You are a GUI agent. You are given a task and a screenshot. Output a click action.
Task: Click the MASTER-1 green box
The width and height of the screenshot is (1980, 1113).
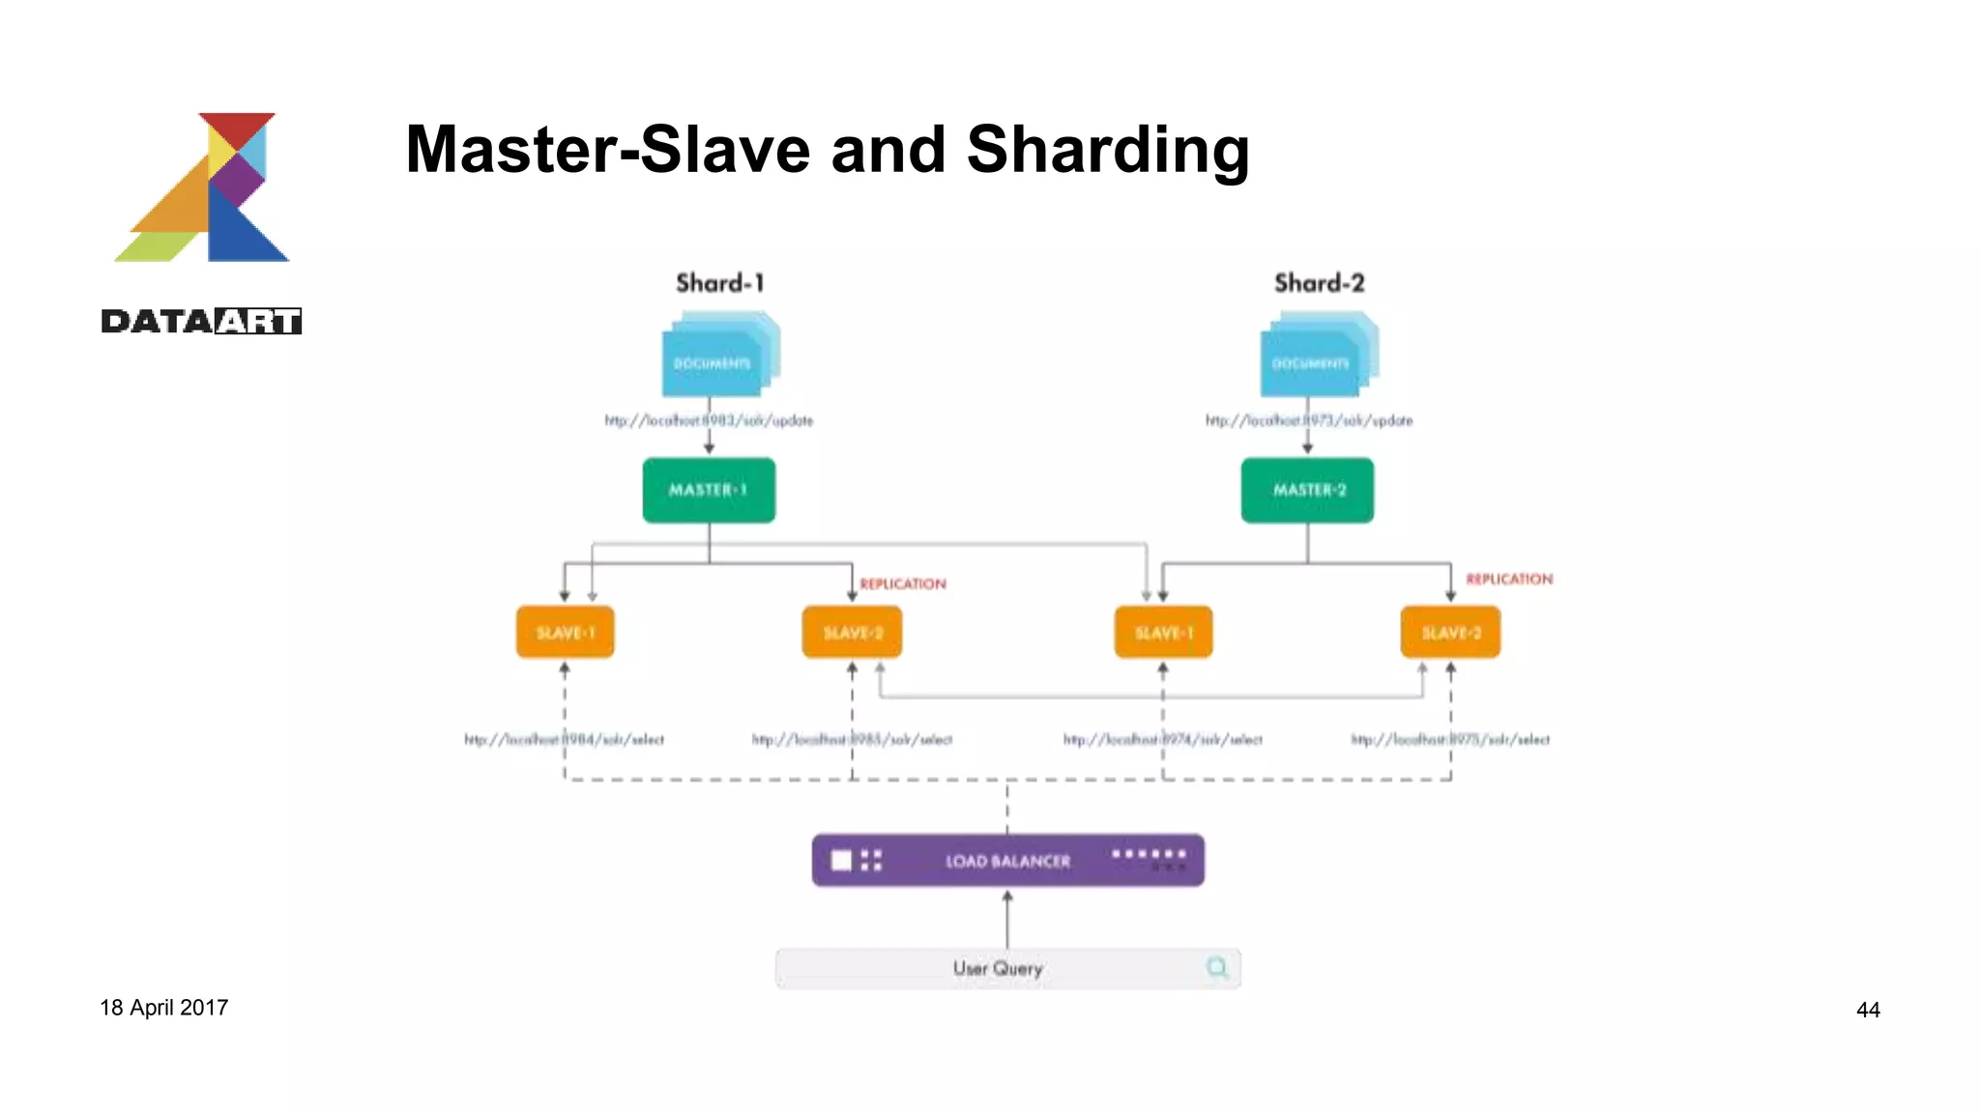pyautogui.click(x=709, y=490)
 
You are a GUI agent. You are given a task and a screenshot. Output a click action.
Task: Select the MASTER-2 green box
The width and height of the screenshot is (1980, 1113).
pyautogui.click(x=1307, y=490)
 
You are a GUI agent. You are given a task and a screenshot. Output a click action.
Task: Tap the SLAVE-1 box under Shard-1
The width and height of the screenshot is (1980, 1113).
pyautogui.click(x=565, y=633)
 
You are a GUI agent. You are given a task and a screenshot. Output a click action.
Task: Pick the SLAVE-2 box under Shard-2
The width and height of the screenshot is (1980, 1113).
pyautogui.click(x=1450, y=633)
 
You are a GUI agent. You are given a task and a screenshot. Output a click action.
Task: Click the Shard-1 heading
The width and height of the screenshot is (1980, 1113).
pyautogui.click(x=719, y=283)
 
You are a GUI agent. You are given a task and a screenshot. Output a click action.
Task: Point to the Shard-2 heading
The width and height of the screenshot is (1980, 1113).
pyautogui.click(x=1319, y=283)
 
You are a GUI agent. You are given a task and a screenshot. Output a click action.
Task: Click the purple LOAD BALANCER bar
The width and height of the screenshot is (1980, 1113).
pyautogui.click(x=1007, y=860)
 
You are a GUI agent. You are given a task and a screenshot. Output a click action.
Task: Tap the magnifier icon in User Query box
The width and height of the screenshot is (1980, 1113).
pyautogui.click(x=1216, y=967)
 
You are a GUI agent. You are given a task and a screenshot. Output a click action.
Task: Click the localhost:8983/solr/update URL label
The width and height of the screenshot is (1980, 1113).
pyautogui.click(x=709, y=420)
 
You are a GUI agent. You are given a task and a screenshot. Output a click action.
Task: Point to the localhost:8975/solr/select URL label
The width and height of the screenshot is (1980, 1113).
pyautogui.click(x=1450, y=739)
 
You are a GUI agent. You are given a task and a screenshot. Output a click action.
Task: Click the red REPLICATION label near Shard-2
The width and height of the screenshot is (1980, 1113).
pyautogui.click(x=1508, y=579)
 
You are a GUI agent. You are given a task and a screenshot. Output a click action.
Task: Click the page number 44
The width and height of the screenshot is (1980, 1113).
pyautogui.click(x=1868, y=1010)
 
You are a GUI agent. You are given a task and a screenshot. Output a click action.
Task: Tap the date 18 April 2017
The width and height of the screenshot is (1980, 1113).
pyautogui.click(x=163, y=1008)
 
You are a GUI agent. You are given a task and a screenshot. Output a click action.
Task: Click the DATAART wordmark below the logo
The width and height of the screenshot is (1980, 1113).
pyautogui.click(x=201, y=321)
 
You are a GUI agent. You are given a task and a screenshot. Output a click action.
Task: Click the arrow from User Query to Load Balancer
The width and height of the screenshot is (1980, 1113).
pyautogui.click(x=1007, y=920)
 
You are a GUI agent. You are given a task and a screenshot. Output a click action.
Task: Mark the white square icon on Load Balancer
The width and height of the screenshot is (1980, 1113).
pyautogui.click(x=841, y=860)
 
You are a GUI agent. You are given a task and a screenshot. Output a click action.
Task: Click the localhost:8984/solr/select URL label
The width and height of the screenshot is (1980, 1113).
pyautogui.click(x=564, y=739)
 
